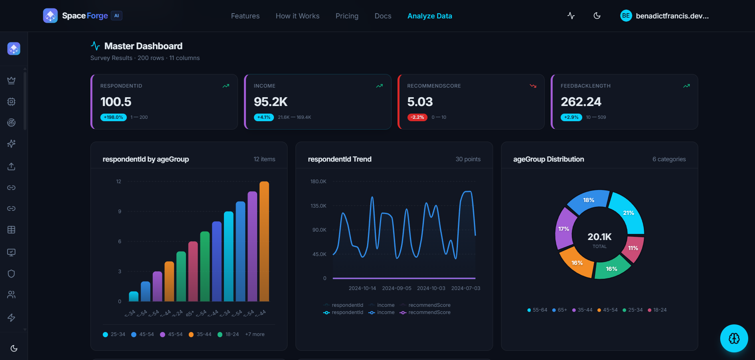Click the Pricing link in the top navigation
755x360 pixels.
(347, 16)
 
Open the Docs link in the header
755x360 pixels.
(383, 16)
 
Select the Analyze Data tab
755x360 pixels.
(429, 16)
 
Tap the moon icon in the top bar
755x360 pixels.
(597, 16)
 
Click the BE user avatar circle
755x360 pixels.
(626, 16)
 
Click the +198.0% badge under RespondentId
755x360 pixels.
(114, 117)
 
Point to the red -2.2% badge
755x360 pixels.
(417, 117)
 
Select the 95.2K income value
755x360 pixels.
(271, 102)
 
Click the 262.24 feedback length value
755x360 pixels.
(581, 102)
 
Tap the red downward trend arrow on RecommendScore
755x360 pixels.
(533, 86)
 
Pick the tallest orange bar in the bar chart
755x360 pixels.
(264, 240)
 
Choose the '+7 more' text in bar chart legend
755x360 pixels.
(255, 334)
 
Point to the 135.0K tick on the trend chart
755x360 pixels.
(318, 206)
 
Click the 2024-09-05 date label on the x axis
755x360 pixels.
(396, 288)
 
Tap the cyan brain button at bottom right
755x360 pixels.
(734, 338)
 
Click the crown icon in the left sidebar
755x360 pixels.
(11, 80)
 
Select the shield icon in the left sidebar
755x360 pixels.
(11, 274)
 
